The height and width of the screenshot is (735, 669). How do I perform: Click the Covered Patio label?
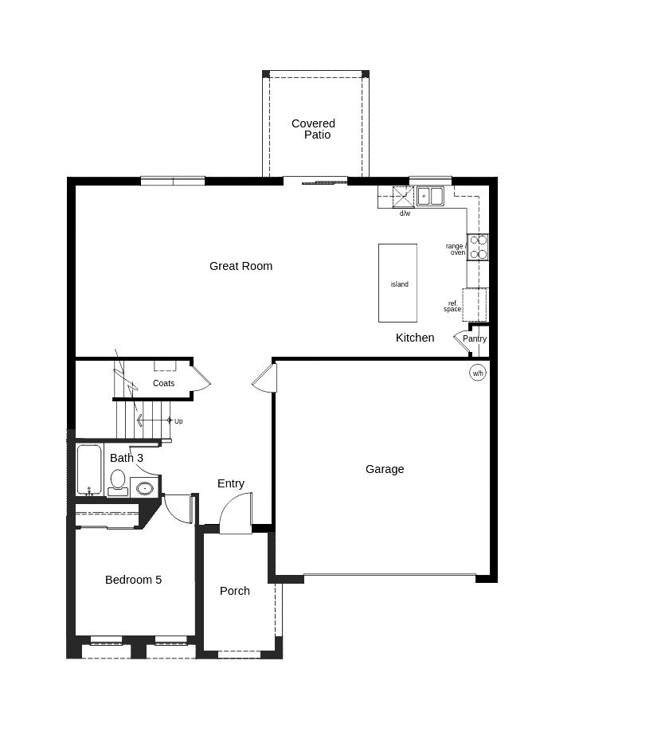(x=313, y=129)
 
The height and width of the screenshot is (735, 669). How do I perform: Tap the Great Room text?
(x=241, y=266)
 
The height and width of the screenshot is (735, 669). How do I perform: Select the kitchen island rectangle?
(x=397, y=283)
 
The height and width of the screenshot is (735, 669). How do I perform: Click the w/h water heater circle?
(x=478, y=373)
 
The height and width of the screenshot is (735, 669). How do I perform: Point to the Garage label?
(x=385, y=469)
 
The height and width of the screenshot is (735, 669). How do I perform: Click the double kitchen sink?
(x=430, y=195)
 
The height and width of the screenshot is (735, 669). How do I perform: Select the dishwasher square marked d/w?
(x=403, y=197)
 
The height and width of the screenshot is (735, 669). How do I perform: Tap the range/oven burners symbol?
(x=478, y=247)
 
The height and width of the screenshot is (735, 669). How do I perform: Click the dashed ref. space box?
(x=475, y=305)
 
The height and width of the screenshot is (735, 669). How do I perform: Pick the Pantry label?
(x=475, y=338)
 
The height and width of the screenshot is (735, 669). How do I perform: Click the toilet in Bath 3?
(x=118, y=480)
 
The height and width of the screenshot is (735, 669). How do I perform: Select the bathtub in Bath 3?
(x=89, y=469)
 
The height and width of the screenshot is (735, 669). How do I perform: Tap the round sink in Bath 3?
(x=145, y=488)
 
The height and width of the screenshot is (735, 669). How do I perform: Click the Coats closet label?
(x=163, y=383)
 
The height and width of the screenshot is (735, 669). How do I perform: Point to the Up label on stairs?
(x=178, y=421)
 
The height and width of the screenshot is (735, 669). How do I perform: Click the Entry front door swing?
(x=236, y=514)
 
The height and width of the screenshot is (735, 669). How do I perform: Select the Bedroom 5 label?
(x=133, y=580)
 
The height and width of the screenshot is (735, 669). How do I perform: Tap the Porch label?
(x=235, y=591)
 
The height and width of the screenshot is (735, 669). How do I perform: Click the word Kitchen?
(x=415, y=338)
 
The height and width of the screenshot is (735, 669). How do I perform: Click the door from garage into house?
(x=265, y=377)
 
